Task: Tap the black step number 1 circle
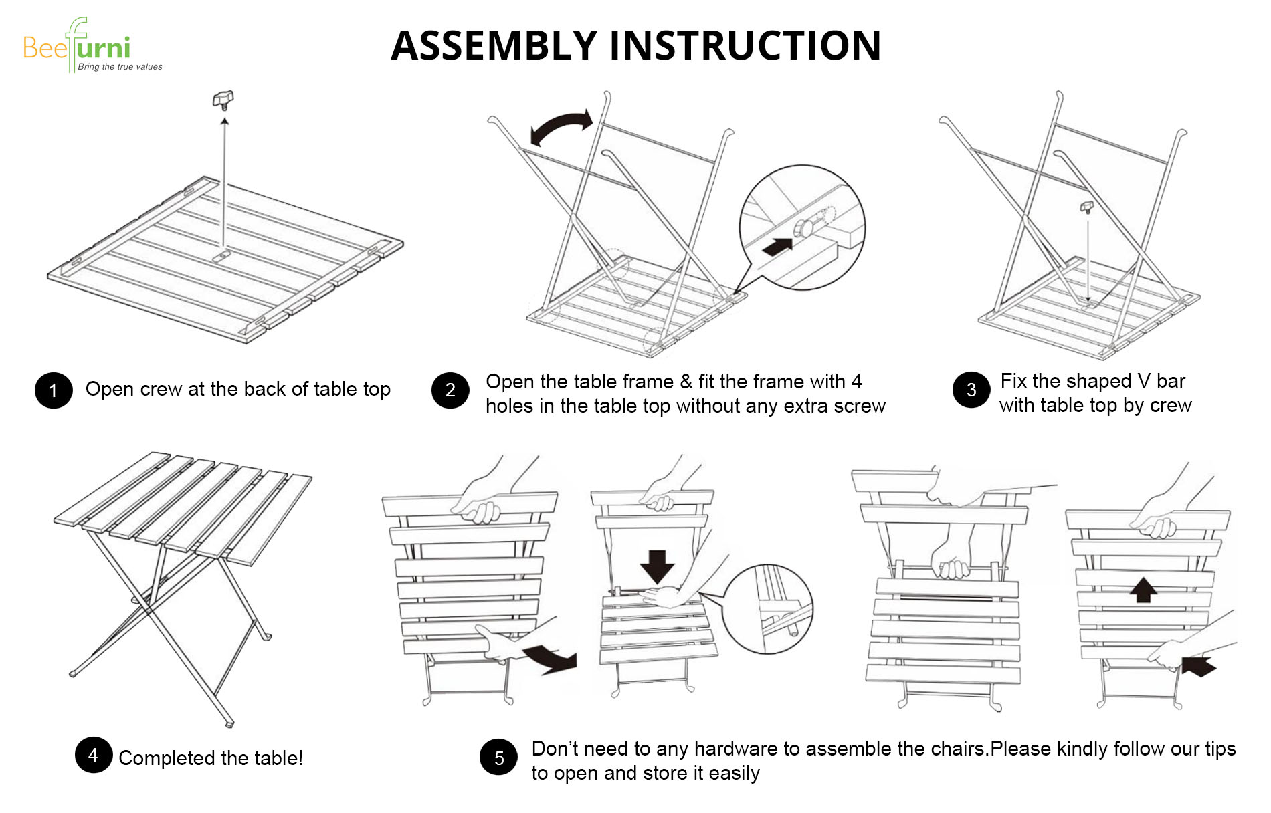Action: click(x=54, y=390)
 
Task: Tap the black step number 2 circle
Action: click(x=450, y=390)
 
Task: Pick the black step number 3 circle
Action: click(x=971, y=390)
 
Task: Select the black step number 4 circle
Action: click(x=93, y=755)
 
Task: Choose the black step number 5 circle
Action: click(x=498, y=758)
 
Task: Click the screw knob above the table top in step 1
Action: click(x=223, y=100)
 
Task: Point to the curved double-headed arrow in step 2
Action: click(x=561, y=127)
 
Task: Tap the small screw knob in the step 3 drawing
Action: click(x=1087, y=207)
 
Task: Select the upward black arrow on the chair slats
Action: click(x=1143, y=590)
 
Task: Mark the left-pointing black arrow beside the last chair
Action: click(x=1199, y=666)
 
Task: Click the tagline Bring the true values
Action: click(x=120, y=67)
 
